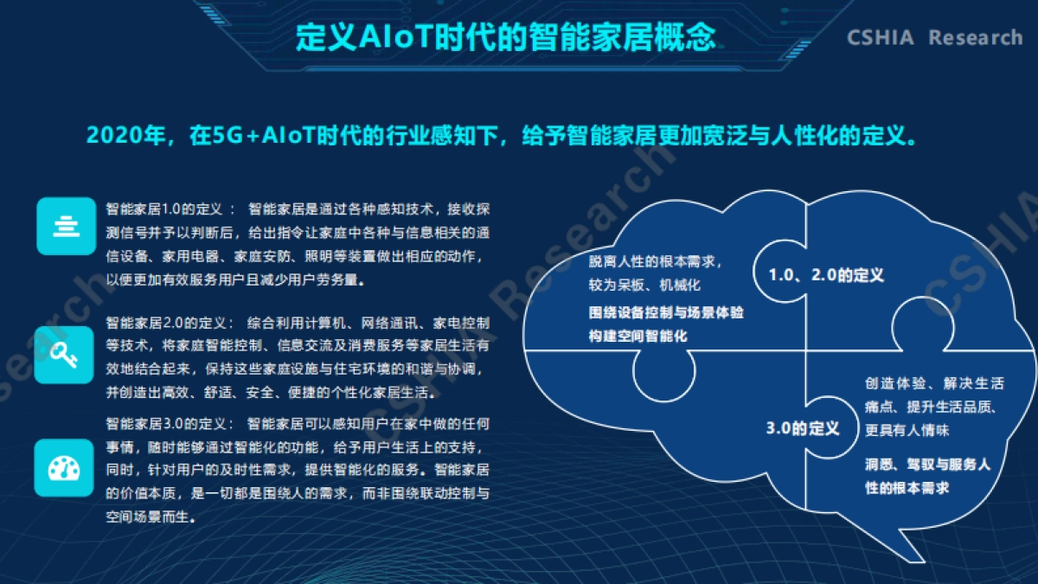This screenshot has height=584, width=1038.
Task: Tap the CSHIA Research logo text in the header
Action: (x=934, y=38)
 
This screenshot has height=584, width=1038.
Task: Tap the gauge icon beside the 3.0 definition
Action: (x=66, y=468)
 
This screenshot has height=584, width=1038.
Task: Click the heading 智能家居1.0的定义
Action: (x=165, y=209)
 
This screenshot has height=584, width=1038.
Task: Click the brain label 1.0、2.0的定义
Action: (x=826, y=275)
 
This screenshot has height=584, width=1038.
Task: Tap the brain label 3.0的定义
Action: (x=803, y=428)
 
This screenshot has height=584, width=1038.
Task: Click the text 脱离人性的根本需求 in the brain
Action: (x=655, y=260)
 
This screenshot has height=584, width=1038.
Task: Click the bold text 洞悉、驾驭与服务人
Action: (x=927, y=465)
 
